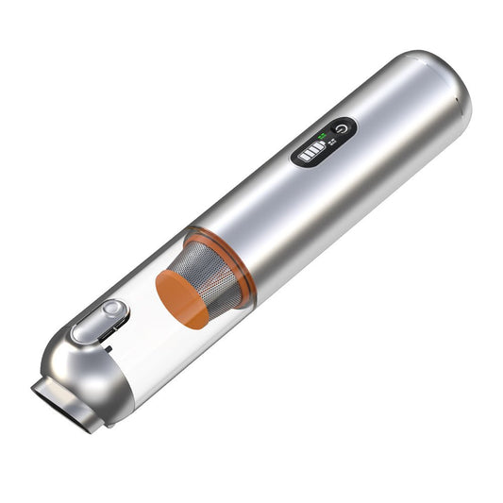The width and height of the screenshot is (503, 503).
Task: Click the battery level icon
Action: [310, 153]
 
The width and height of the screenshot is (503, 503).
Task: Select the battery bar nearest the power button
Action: [318, 148]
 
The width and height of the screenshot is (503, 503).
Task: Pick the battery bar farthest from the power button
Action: [302, 158]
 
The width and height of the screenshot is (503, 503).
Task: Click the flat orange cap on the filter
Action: [181, 299]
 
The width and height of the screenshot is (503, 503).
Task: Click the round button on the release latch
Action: [112, 310]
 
